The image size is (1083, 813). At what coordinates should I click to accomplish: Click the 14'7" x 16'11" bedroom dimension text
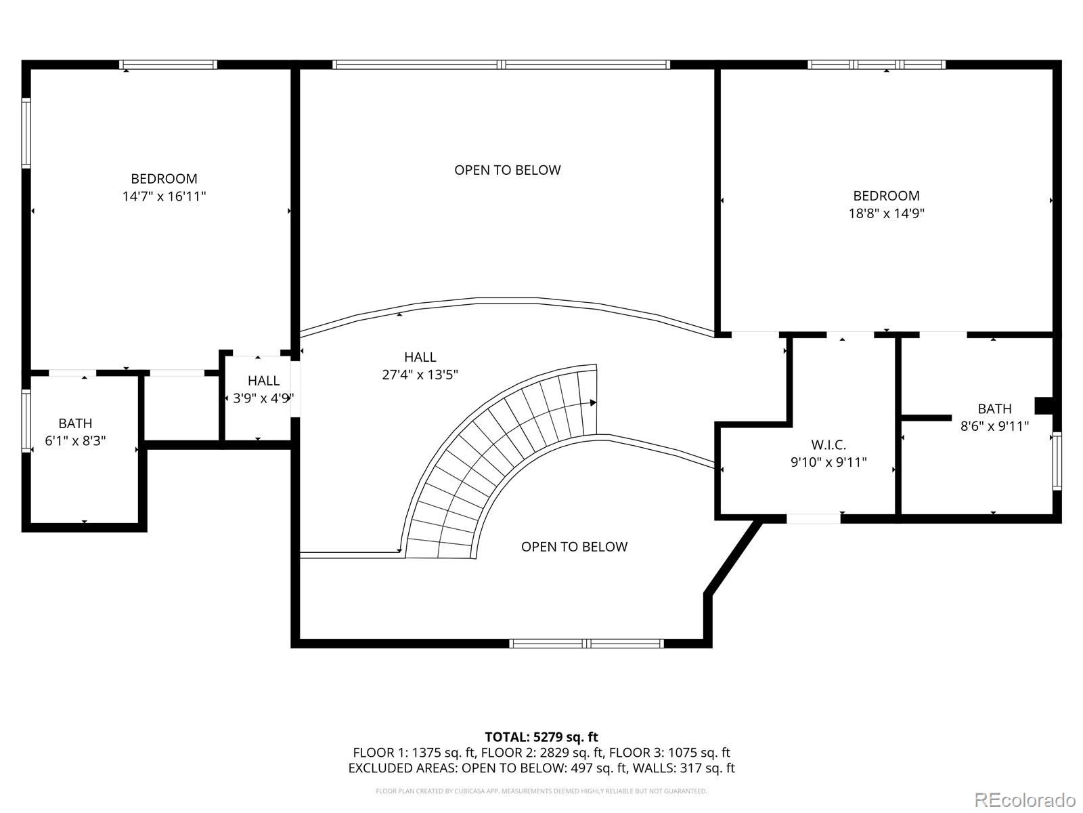tap(164, 196)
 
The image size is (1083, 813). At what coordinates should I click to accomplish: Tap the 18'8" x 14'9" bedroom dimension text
tap(886, 213)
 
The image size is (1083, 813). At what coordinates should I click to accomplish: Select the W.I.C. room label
tap(828, 445)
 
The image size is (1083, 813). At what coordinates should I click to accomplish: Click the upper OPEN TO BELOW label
tap(507, 170)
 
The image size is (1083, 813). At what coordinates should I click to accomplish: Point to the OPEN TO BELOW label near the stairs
tap(574, 547)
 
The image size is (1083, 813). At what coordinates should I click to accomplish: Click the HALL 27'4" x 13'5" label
tap(420, 366)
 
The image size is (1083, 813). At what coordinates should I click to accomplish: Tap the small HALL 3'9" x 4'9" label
tap(263, 390)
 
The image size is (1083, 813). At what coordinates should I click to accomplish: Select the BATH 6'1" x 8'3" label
tap(75, 432)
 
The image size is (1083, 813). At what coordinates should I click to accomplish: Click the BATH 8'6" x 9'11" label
tap(994, 417)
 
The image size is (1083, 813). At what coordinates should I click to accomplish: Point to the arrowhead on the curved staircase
tap(593, 403)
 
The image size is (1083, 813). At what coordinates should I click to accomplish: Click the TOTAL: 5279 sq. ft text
tap(541, 737)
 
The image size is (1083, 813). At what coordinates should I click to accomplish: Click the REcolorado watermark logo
tap(1024, 799)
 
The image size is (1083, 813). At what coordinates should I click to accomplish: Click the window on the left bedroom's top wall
tap(169, 65)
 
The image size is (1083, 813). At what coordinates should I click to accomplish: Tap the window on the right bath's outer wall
tap(1057, 461)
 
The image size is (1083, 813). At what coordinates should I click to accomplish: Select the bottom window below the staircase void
tap(586, 644)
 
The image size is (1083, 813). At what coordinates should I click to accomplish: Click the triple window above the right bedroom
tap(877, 65)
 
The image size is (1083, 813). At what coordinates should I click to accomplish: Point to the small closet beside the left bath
tap(182, 406)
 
